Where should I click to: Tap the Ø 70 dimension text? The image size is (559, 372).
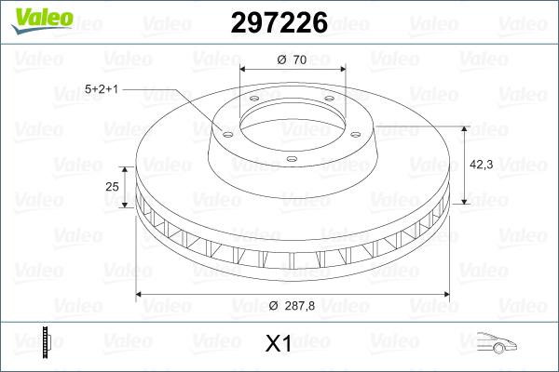[292, 60]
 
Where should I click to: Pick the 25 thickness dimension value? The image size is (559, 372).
[113, 187]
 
